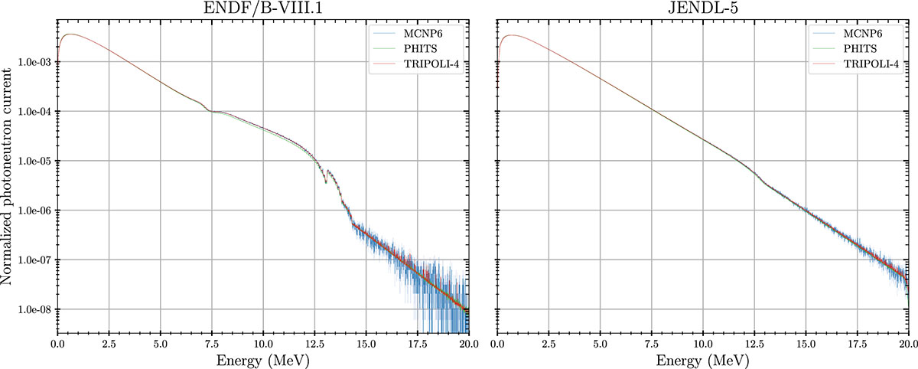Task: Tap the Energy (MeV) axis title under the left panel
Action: [262, 358]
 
